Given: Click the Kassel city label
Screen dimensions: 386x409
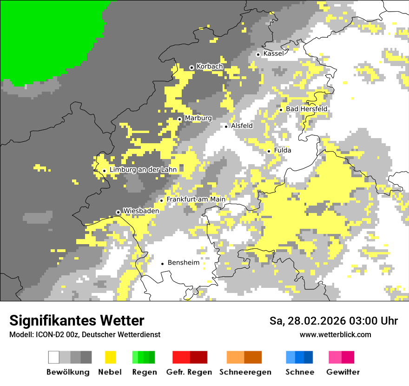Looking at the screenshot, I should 273,54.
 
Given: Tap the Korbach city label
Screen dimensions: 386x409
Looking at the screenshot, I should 210,67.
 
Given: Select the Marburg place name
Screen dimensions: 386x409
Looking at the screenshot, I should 198,119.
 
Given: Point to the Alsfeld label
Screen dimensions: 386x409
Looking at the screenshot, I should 242,126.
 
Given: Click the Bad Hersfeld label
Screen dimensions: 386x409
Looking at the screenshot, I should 306,109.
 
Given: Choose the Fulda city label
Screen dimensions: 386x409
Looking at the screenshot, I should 283,151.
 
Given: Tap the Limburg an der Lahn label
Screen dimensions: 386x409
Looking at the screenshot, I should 143,170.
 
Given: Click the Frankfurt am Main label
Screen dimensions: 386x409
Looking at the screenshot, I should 196,200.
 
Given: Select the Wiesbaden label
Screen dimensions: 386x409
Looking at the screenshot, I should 141,211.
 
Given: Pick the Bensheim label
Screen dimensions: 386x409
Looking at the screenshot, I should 183,263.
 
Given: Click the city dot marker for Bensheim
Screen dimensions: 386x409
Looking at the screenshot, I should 162,264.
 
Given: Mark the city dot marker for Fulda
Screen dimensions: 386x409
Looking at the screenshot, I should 269,151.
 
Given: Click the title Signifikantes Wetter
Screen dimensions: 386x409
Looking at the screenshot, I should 77,321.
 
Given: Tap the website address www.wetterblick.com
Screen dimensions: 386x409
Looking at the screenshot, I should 335,334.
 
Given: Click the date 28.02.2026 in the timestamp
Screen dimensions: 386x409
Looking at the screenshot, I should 317,321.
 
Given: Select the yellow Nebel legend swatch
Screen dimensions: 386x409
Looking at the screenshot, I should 111,357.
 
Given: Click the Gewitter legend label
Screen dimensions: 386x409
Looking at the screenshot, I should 343,372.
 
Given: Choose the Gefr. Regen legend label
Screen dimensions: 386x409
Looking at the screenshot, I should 189,372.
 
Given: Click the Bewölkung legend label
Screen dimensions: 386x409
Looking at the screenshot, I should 68,372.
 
